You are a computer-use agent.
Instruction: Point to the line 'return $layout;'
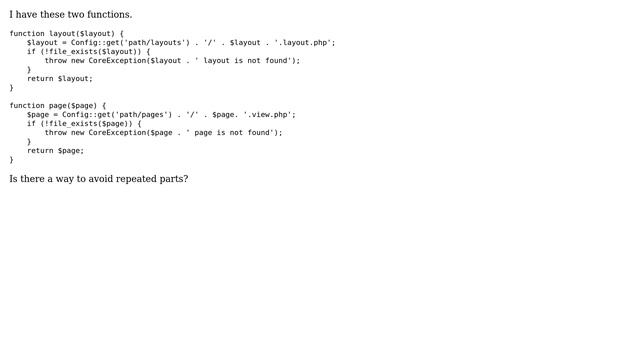[x=60, y=78]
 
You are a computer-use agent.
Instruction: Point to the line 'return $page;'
[x=56, y=150]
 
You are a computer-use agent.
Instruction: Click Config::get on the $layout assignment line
[x=93, y=43]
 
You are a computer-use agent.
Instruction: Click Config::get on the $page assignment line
[x=84, y=114]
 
